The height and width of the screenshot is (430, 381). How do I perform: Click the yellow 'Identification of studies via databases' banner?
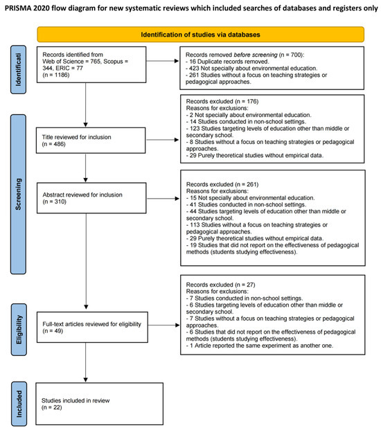point(201,34)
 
